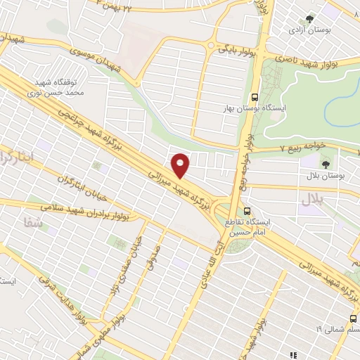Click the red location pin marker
181,166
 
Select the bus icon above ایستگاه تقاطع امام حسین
246,210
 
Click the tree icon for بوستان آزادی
307,20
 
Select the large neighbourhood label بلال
315,200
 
